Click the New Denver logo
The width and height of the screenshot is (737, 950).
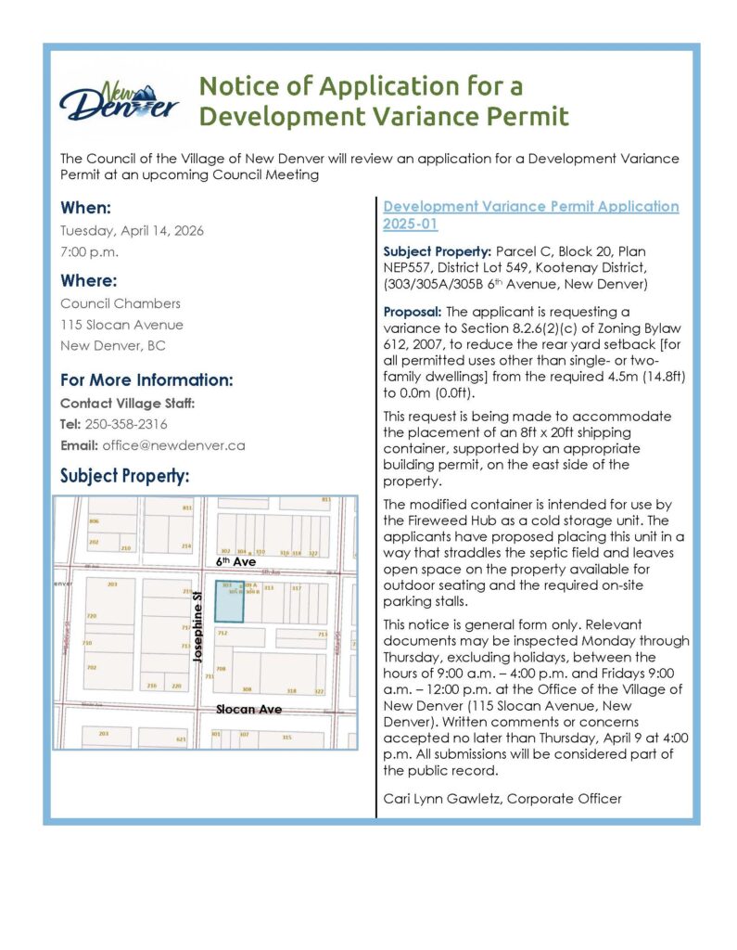(x=119, y=102)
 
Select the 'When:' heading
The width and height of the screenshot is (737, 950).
(x=86, y=208)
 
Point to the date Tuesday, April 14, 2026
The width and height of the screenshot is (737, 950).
(x=132, y=230)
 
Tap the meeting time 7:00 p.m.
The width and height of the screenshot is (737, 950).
(x=90, y=251)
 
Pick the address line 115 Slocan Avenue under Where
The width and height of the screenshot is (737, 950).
(x=121, y=325)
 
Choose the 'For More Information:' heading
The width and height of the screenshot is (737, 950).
(x=146, y=379)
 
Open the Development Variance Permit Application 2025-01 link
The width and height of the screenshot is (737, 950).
(x=530, y=214)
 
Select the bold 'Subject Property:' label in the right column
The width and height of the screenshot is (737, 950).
(x=438, y=252)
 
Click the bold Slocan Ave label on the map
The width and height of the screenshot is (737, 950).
(x=248, y=710)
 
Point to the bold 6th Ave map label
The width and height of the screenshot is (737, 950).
(x=235, y=562)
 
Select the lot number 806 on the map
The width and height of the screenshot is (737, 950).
(x=94, y=521)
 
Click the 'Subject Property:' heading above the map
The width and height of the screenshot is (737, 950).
(x=124, y=476)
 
